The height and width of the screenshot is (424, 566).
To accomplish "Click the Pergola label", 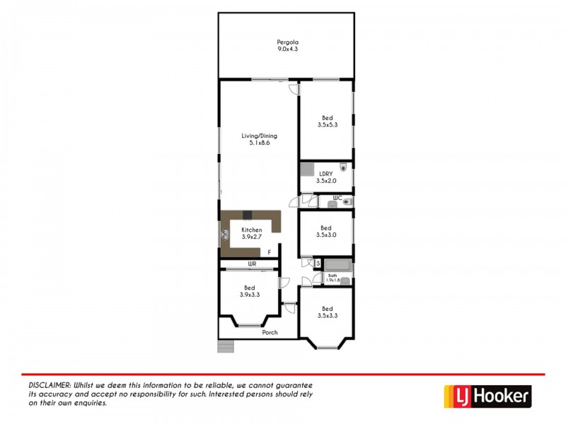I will click(x=287, y=42).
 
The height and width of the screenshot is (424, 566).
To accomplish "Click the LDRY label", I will click(x=326, y=172).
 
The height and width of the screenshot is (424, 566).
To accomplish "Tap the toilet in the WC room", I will click(x=347, y=203).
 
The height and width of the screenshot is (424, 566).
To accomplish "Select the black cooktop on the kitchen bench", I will click(x=247, y=215).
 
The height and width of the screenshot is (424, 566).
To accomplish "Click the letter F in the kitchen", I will click(x=269, y=252).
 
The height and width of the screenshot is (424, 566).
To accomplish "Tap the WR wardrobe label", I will click(x=251, y=264).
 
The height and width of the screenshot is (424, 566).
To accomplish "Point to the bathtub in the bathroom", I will click(x=337, y=267).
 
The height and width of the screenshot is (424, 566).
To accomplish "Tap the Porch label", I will click(x=270, y=332).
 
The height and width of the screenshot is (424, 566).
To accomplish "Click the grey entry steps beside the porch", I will click(x=226, y=346).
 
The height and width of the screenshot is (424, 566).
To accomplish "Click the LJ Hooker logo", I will click(x=487, y=396).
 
